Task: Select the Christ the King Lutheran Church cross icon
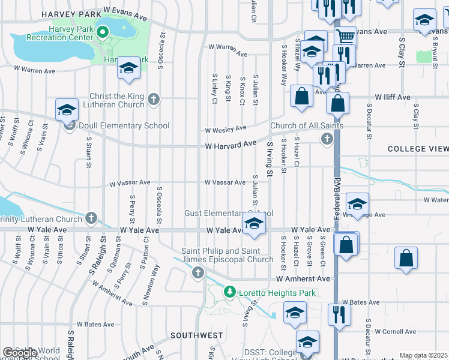point(154,100)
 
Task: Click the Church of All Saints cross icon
point(327,139)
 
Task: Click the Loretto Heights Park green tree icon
point(229,292)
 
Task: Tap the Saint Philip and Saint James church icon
point(198,274)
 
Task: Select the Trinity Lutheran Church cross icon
point(91,218)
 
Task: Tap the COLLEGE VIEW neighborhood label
point(417,149)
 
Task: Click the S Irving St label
point(270,159)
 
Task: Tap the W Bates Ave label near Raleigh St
point(95,324)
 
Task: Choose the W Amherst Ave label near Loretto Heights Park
point(303,279)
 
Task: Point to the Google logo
point(20,353)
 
